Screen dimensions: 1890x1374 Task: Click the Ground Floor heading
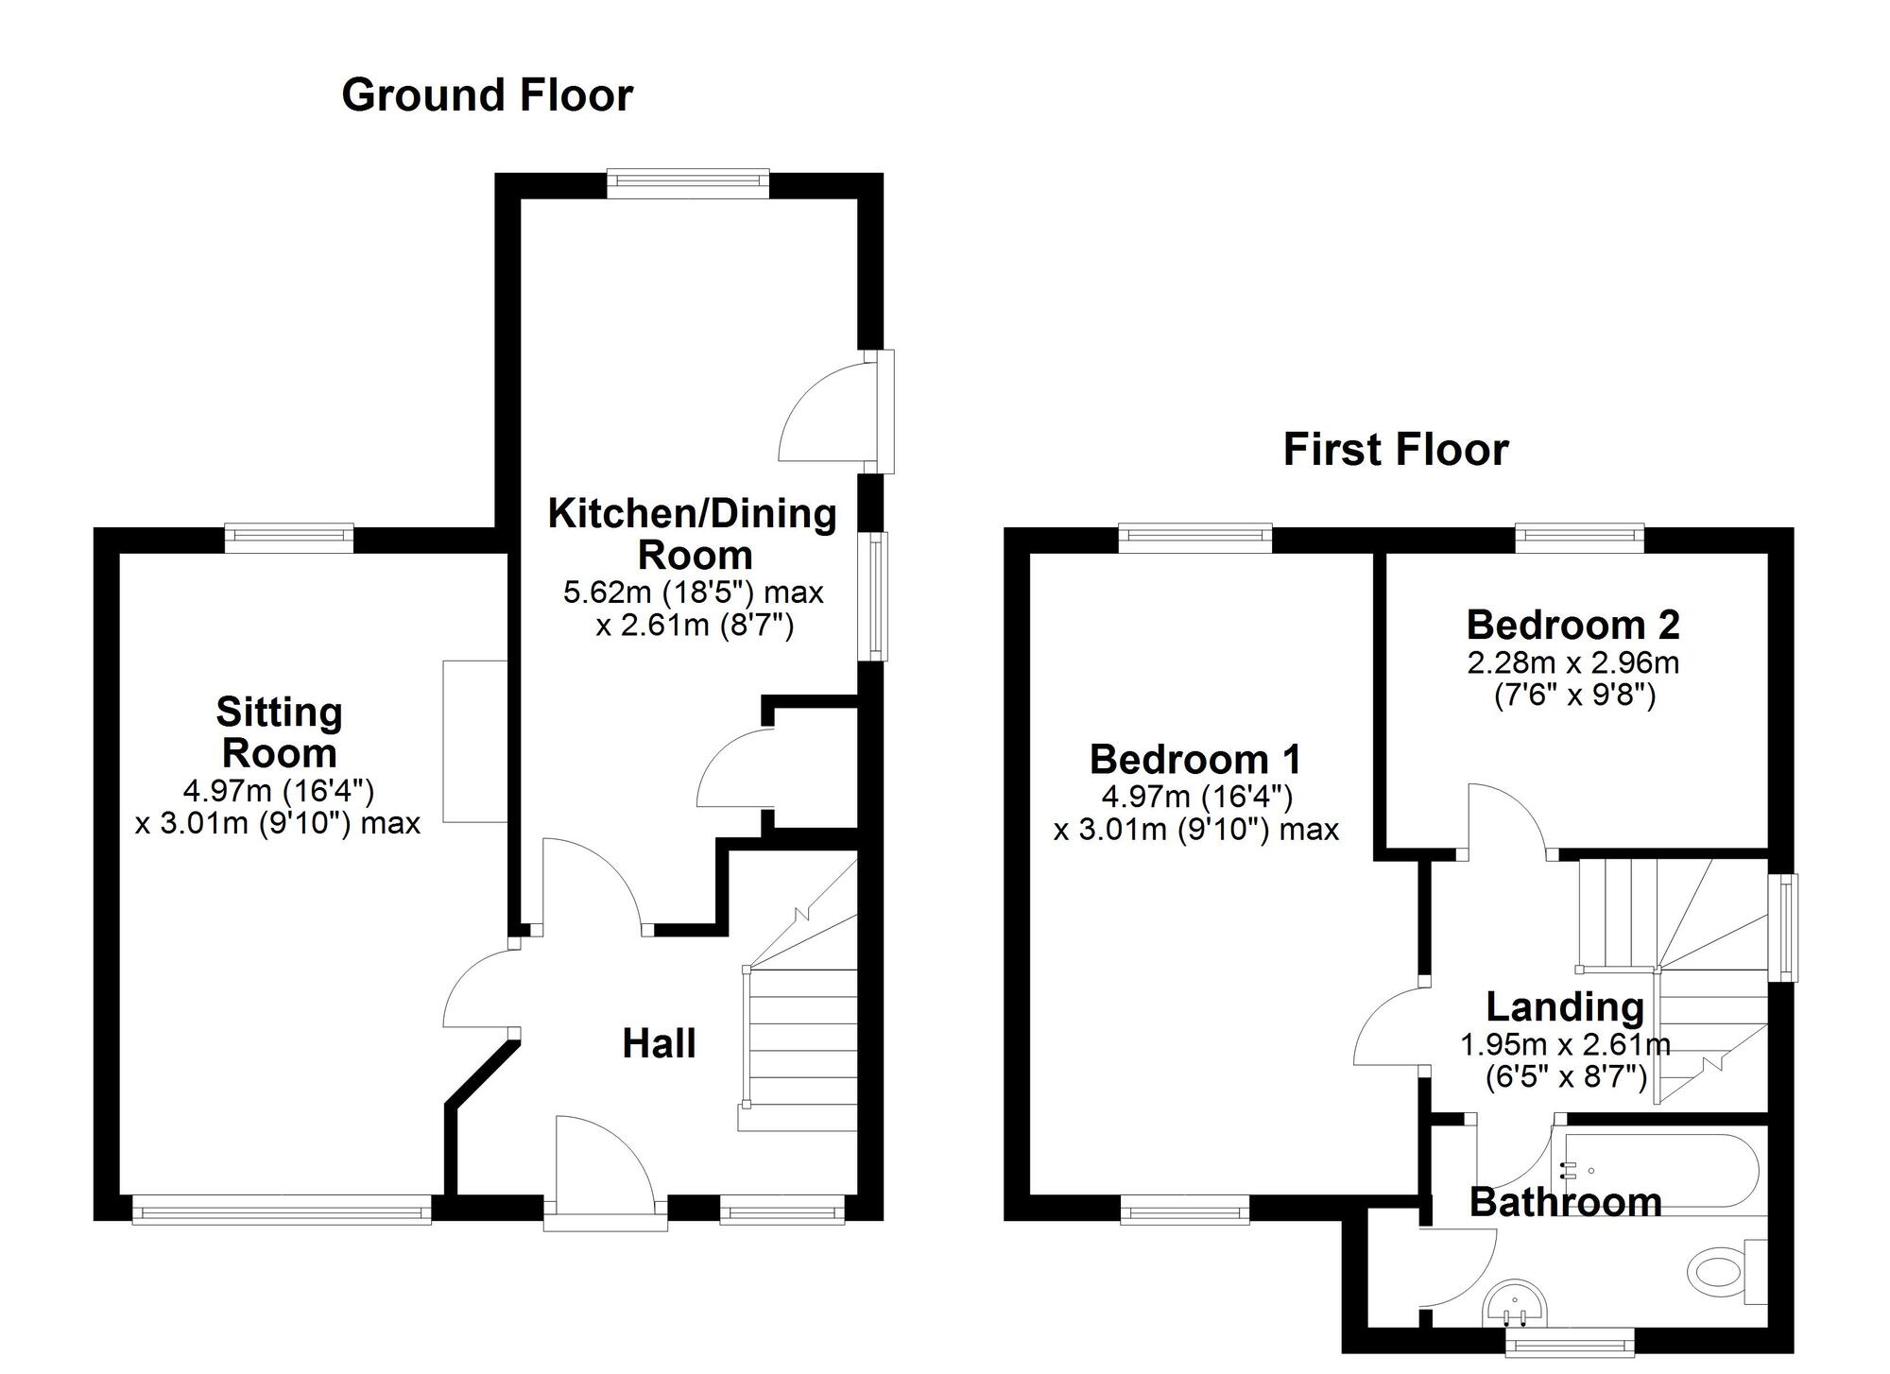487,95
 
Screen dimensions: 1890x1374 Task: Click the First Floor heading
1396,450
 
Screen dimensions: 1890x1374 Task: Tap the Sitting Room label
279,732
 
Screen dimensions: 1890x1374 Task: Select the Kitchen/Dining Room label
693,534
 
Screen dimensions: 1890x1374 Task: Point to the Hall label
659,1043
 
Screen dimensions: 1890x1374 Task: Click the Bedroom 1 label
1195,759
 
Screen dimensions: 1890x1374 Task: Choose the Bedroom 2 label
1573,625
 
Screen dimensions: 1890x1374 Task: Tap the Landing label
1565,1007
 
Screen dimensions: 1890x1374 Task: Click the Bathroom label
1566,1202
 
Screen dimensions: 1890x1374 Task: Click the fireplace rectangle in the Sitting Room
475,741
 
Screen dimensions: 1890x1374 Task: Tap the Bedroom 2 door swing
1507,820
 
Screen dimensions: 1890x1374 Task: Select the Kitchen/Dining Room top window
688,183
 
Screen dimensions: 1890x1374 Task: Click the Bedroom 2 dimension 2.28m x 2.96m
1573,662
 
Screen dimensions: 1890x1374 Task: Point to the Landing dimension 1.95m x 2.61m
1566,1045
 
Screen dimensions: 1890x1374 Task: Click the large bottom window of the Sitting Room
282,1210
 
